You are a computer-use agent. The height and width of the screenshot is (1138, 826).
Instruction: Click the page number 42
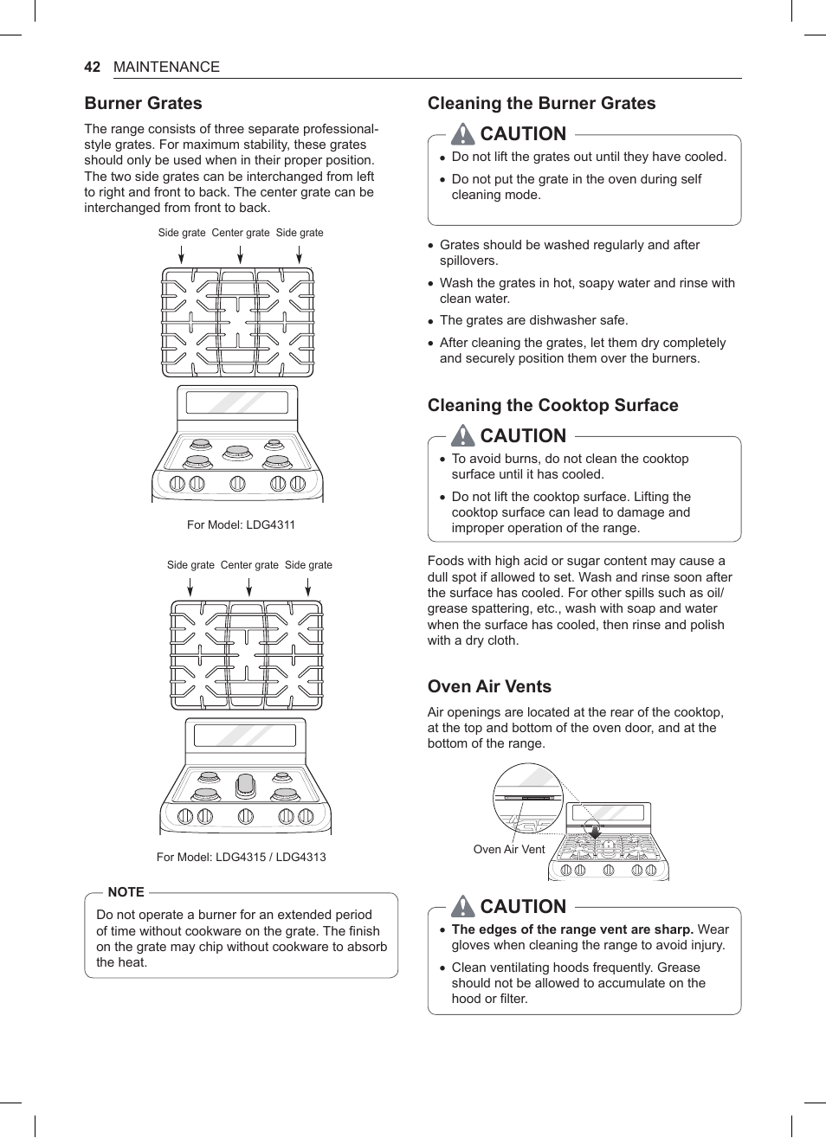click(93, 67)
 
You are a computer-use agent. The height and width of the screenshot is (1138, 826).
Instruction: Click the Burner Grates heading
click(143, 103)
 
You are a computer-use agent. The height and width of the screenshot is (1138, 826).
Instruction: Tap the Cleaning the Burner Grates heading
click(541, 103)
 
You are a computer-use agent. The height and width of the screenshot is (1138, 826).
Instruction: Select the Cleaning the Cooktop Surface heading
click(552, 405)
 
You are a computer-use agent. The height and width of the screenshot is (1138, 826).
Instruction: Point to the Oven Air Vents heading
click(489, 686)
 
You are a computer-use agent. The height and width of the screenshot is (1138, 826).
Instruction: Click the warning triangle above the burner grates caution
click(463, 133)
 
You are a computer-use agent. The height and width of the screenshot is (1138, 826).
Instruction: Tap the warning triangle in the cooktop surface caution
click(463, 435)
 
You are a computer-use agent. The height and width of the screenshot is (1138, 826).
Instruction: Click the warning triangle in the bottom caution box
click(463, 906)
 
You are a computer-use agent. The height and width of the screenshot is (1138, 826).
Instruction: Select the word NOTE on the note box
click(126, 892)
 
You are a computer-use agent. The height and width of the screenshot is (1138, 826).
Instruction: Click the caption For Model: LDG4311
click(241, 524)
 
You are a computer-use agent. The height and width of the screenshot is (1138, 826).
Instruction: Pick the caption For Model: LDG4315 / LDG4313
click(241, 857)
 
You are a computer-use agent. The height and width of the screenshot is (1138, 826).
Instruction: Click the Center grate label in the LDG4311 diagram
click(241, 233)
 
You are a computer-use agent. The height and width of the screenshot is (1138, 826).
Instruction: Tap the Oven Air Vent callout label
click(509, 849)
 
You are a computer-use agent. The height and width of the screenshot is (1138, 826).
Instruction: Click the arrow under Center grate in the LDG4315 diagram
click(249, 587)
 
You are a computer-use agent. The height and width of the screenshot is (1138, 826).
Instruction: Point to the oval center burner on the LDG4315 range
click(246, 785)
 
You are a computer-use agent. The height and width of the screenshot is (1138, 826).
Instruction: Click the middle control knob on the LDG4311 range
click(237, 484)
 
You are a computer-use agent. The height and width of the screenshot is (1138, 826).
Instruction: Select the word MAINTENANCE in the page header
click(166, 67)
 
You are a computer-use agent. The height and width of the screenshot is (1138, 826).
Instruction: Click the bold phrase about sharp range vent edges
click(572, 929)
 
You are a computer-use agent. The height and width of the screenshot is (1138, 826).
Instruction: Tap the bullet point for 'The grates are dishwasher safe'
click(430, 321)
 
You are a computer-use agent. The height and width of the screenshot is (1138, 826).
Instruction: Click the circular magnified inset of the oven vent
click(528, 798)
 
